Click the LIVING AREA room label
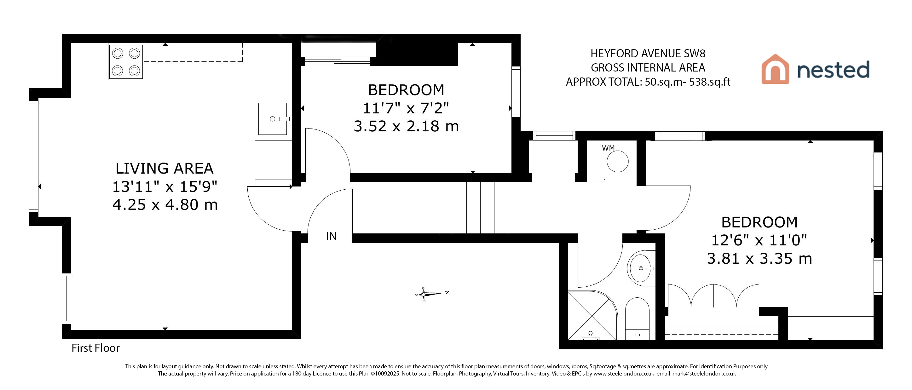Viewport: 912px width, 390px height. [x=165, y=169]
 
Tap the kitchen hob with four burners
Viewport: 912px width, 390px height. [x=126, y=62]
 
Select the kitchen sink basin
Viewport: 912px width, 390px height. [x=273, y=119]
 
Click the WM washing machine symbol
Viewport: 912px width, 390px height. [x=617, y=161]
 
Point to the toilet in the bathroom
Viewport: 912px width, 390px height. [x=637, y=319]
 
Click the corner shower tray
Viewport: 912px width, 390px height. [x=592, y=315]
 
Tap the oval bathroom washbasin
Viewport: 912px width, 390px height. [x=641, y=268]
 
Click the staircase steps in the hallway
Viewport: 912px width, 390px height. [x=473, y=208]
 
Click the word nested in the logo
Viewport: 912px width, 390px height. [x=833, y=70]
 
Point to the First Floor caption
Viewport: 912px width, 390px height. [x=95, y=348]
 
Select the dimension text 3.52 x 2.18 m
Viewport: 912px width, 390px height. [x=406, y=126]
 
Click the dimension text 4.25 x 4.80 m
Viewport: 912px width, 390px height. [x=165, y=205]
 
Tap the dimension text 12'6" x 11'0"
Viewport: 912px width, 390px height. [x=759, y=241]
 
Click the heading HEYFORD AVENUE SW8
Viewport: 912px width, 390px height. [x=648, y=54]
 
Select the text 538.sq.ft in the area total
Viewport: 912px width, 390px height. [x=709, y=82]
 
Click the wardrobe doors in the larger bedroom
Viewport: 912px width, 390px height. [x=713, y=296]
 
